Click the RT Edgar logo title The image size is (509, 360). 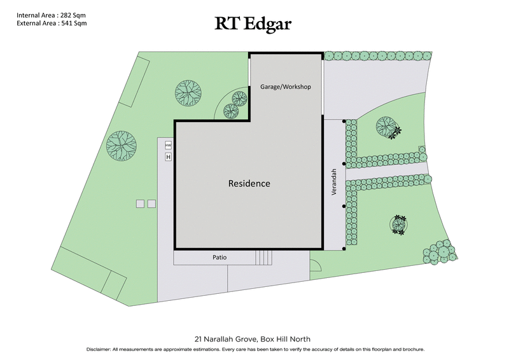254,24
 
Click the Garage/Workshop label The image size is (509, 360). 286,87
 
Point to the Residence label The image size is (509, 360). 249,183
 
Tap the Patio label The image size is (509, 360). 220,258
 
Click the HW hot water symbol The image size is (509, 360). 169,144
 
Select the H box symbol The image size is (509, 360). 169,156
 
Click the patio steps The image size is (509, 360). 263,258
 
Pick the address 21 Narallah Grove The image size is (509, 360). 229,338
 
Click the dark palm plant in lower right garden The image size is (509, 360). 400,225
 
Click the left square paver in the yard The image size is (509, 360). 139,204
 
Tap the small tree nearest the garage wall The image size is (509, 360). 239,99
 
